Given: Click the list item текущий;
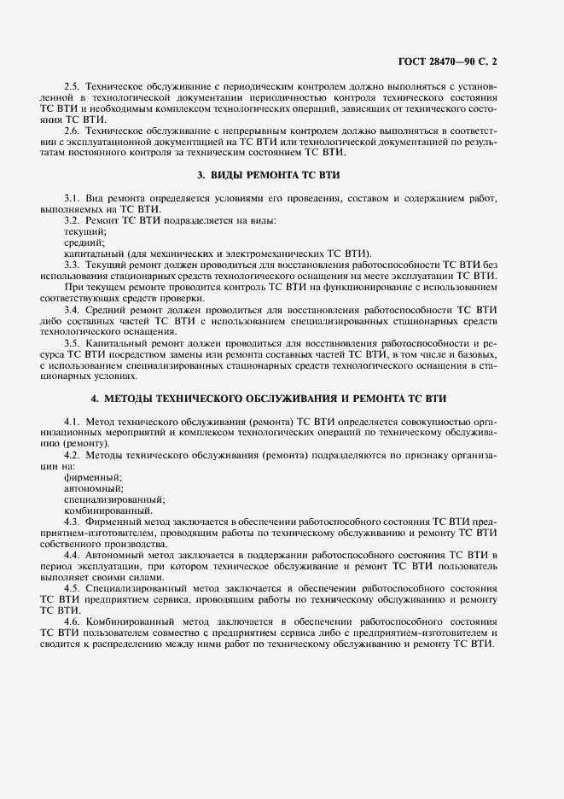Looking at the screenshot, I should pyautogui.click(x=85, y=231).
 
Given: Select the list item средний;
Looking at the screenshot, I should pyautogui.click(x=84, y=242).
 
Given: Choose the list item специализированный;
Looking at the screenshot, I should pyautogui.click(x=114, y=499).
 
